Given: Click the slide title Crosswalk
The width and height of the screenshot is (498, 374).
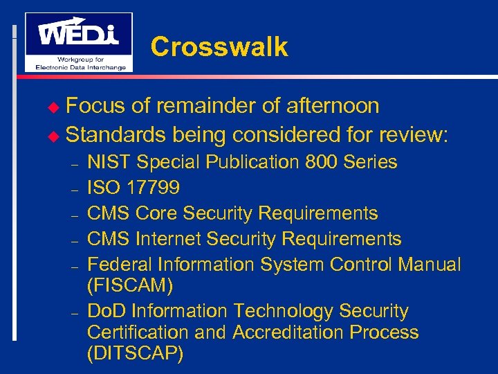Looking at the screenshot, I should coord(219,47).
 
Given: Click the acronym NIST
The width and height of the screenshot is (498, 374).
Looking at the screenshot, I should coord(109,162).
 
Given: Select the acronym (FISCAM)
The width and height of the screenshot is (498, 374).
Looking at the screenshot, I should coord(131,285).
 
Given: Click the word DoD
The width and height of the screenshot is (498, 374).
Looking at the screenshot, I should coord(107,311).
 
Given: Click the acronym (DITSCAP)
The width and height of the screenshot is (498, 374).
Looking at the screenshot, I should coord(136,354).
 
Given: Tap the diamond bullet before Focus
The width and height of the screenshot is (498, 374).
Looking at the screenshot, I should coord(57,107).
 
